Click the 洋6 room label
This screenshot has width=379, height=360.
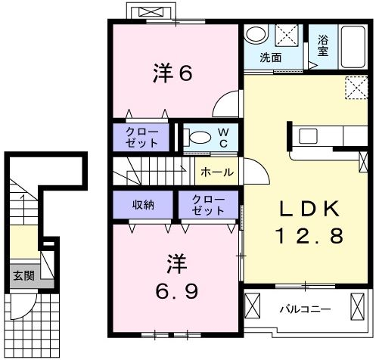pos(172,73)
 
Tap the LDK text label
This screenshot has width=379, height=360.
pos(309,209)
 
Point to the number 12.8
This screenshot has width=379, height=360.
pos(309,236)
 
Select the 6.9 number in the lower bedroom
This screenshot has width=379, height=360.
pos(177,290)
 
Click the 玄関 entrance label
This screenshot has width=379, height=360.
pos(23,275)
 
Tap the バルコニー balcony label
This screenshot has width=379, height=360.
pos(305,309)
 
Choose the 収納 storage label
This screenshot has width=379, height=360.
pos(143,205)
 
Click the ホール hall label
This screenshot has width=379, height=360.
pos(217,172)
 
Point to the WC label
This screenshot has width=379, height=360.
pos(223,138)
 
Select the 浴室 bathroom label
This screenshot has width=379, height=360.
pos(323,45)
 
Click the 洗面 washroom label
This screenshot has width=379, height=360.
pos(271,57)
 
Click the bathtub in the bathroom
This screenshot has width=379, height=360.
pos(353,47)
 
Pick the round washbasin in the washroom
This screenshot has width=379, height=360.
pos(256,34)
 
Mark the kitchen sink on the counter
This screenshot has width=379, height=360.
pos(308,136)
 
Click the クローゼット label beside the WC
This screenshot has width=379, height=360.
pos(141,138)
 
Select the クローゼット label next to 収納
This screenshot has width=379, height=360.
pos(208,205)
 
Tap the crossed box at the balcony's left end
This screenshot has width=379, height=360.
pos(253,306)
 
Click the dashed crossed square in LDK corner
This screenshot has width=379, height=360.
pos(356,88)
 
